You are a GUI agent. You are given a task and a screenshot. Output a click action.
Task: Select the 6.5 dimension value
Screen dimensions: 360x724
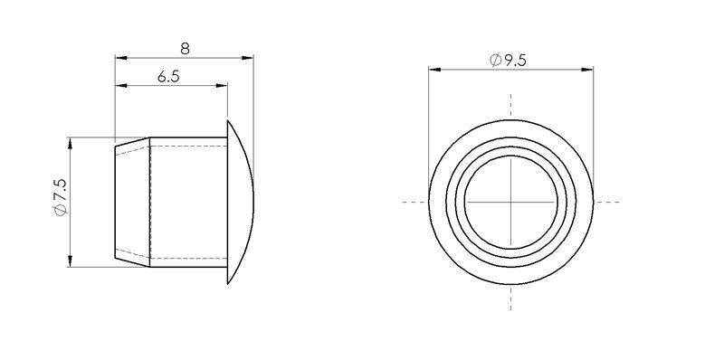(x=168, y=77)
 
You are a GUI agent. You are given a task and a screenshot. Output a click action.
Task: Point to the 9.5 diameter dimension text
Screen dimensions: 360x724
(x=516, y=61)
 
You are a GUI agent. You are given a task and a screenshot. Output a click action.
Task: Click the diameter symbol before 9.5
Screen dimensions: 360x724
(x=495, y=61)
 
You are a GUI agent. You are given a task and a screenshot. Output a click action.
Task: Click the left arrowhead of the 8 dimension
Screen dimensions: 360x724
(x=120, y=59)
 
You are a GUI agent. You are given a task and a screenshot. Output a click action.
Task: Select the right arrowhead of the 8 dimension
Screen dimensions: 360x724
(x=247, y=59)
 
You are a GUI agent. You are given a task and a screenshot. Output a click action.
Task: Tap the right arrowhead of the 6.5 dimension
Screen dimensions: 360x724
(x=220, y=87)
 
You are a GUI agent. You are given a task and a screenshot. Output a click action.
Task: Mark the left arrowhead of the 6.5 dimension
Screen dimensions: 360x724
(x=121, y=87)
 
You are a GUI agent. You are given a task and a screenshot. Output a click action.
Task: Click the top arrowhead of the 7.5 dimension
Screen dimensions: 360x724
(x=71, y=143)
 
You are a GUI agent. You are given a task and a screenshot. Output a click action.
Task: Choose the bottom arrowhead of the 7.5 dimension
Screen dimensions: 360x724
(x=71, y=262)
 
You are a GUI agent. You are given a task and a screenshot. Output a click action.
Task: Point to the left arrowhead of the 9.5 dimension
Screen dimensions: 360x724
(x=433, y=69)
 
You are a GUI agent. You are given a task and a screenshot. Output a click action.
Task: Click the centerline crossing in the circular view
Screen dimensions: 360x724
(x=511, y=201)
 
